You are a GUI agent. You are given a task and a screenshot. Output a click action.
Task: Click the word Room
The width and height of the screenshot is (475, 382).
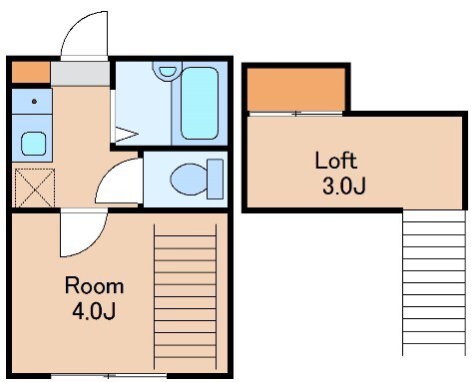tap(94, 285)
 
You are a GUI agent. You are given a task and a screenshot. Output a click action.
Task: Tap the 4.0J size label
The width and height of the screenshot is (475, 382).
tap(94, 311)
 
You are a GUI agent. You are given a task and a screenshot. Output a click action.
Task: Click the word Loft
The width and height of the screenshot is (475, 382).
tap(336, 161)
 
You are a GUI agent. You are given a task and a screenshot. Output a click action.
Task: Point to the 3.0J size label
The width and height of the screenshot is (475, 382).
tap(344, 186)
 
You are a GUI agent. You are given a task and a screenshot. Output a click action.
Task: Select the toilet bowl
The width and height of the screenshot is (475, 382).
tap(189, 179)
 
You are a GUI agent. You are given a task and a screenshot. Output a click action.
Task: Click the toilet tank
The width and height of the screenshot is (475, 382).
tap(215, 179)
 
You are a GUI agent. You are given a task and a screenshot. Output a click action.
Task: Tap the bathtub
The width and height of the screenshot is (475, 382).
tap(200, 103)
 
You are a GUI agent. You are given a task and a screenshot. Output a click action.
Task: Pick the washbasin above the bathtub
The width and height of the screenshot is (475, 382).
tap(168, 71)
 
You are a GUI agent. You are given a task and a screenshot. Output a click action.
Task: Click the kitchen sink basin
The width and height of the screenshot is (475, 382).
tap(33, 144)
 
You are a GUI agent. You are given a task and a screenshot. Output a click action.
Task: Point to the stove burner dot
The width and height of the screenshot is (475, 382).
tap(34, 101)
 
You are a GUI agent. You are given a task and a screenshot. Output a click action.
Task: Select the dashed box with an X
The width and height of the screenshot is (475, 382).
tap(35, 188)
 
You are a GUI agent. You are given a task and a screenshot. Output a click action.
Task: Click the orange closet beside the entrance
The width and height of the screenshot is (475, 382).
tap(31, 72)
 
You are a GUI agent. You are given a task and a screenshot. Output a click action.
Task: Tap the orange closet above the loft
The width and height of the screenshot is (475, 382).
tap(296, 90)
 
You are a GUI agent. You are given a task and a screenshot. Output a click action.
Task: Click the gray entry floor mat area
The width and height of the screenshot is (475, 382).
tap(80, 74)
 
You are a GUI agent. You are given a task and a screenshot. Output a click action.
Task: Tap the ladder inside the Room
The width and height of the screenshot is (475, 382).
tap(185, 297)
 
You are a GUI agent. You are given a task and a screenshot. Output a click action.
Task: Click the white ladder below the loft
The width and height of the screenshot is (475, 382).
tap(434, 282)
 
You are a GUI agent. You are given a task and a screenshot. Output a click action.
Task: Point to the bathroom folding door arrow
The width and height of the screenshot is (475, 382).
tap(127, 134)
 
